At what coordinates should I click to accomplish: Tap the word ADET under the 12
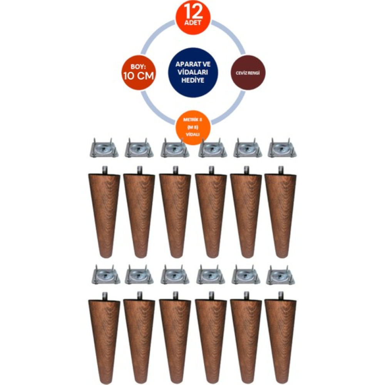(193, 23)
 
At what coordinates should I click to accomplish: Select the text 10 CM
(139, 76)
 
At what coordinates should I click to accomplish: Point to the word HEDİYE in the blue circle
(193, 80)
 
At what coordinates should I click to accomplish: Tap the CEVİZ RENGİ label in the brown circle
(248, 73)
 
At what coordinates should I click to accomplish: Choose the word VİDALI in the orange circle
(193, 134)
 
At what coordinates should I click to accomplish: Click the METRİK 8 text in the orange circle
(193, 120)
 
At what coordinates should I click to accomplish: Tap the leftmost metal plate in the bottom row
(106, 275)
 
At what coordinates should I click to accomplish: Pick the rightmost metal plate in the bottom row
(281, 275)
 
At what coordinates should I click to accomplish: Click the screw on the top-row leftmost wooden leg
(104, 170)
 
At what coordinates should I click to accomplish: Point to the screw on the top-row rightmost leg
(281, 170)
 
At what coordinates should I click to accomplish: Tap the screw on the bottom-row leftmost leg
(104, 295)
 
